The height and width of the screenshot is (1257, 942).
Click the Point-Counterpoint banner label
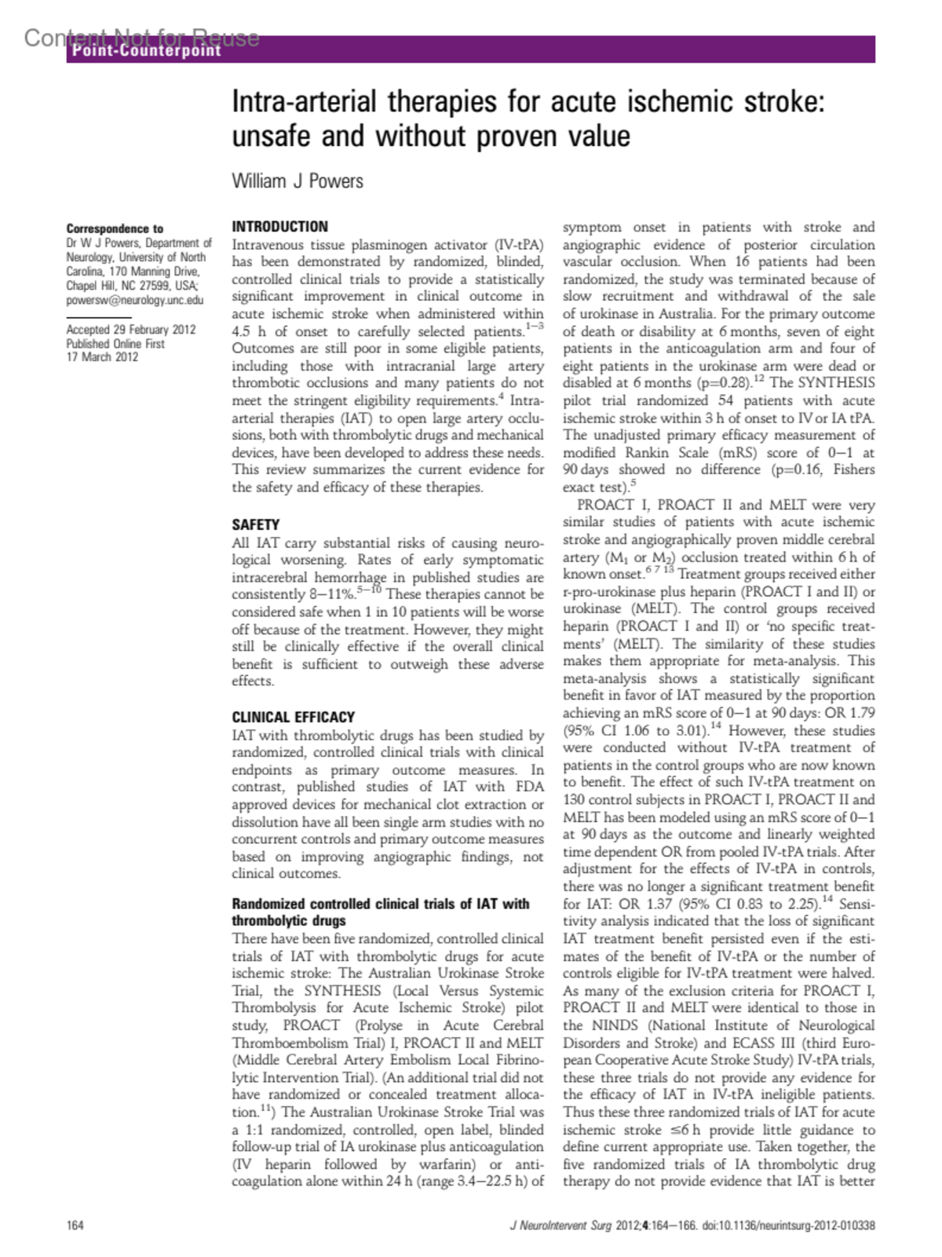click(147, 51)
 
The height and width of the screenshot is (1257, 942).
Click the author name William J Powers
click(298, 181)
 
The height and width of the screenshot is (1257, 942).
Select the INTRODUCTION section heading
click(279, 227)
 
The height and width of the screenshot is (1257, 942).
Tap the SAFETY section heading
click(255, 524)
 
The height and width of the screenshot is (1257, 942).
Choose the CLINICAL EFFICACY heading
click(293, 717)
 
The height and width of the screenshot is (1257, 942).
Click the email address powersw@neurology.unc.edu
click(134, 300)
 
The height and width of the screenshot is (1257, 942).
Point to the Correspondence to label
click(115, 228)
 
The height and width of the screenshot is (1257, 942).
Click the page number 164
click(75, 1225)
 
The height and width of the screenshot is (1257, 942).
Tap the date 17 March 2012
click(102, 357)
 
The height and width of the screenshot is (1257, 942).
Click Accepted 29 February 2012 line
click(130, 330)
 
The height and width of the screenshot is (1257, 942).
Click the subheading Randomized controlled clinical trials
click(380, 904)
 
